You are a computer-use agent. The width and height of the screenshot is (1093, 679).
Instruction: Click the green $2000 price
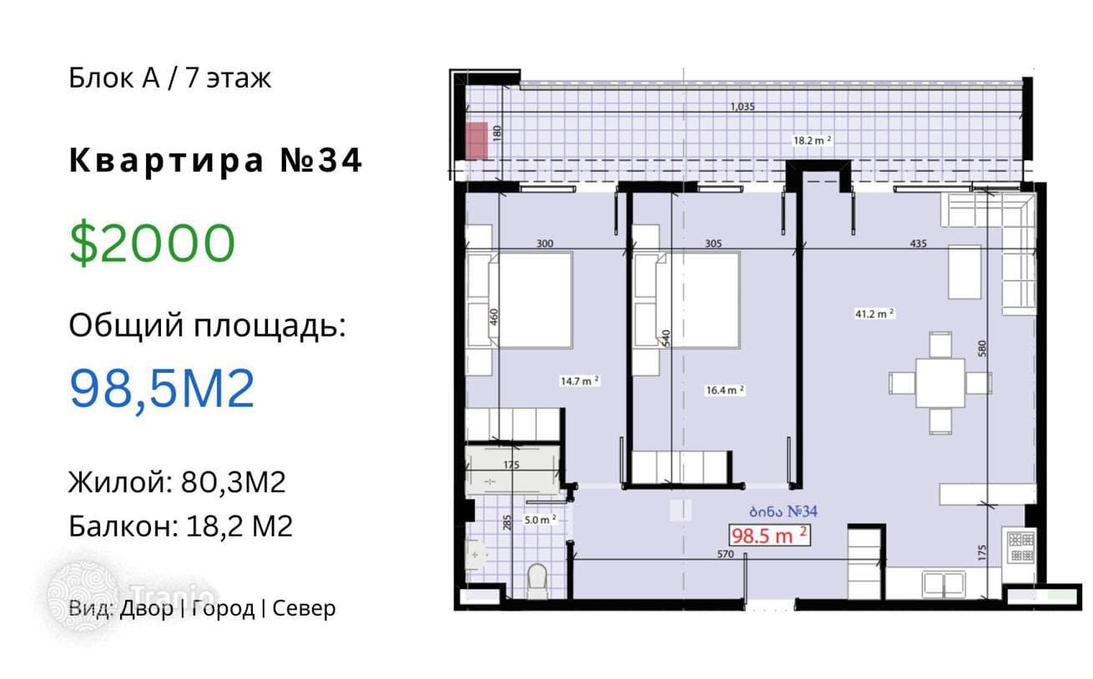(152, 243)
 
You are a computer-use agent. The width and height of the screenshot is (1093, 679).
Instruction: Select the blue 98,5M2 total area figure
(162, 389)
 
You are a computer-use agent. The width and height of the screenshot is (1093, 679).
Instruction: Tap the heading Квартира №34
(215, 160)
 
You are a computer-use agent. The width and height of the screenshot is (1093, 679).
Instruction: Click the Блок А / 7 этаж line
(169, 78)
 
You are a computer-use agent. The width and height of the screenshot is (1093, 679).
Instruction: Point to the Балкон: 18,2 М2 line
(180, 526)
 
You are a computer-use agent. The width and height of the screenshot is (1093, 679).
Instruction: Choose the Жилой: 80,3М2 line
(177, 482)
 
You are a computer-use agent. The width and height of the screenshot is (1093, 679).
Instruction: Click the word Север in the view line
(304, 608)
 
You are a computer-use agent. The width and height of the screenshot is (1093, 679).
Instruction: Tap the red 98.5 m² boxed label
(769, 535)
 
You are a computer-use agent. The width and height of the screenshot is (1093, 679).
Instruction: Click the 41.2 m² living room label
(874, 314)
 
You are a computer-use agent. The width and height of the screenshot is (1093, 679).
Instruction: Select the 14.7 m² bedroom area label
(580, 381)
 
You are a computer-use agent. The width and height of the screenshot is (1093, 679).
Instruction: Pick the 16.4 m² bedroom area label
(725, 390)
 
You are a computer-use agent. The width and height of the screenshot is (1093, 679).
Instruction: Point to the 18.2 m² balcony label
(812, 140)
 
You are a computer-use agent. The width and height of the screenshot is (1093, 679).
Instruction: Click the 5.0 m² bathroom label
(540, 520)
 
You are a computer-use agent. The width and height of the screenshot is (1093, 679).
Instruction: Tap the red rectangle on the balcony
(476, 141)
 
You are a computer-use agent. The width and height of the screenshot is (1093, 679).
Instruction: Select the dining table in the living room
(939, 383)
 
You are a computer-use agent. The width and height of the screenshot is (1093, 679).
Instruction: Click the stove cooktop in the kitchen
(1021, 546)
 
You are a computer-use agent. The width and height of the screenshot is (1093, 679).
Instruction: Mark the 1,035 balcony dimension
(743, 106)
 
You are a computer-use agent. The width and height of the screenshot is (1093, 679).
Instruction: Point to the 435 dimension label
(918, 244)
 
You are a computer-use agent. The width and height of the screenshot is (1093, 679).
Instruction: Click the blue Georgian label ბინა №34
(783, 511)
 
